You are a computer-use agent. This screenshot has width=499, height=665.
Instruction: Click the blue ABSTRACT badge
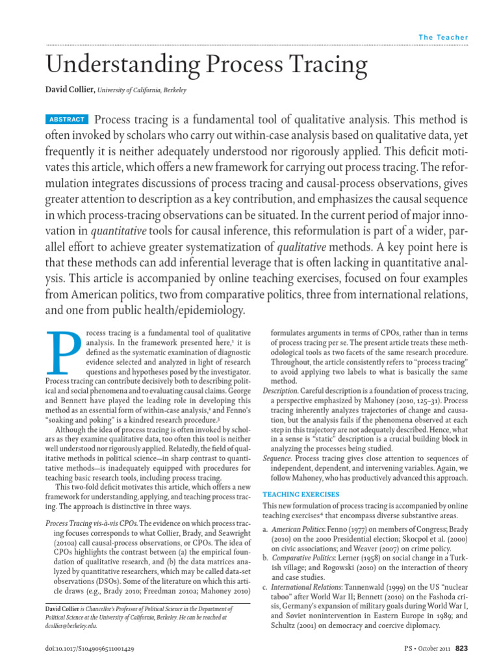[x=67, y=119]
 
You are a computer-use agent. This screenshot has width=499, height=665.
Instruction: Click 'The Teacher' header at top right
[x=443, y=37]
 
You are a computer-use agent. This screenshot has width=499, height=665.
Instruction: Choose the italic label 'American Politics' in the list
[x=296, y=530]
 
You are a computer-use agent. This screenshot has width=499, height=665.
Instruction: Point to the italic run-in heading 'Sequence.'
[x=277, y=458]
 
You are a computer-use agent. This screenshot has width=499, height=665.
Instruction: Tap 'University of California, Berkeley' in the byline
[x=142, y=91]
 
